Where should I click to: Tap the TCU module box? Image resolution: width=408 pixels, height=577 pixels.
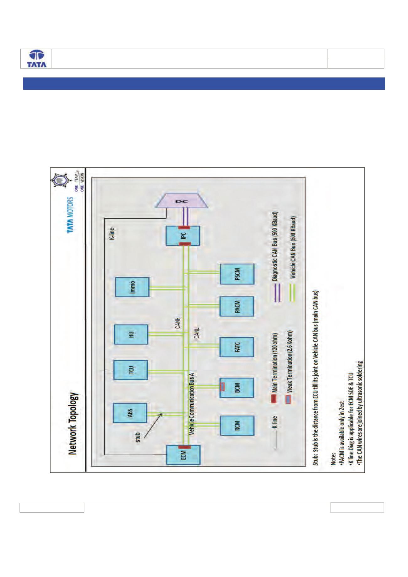pyautogui.click(x=131, y=370)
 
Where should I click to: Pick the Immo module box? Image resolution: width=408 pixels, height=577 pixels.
pyautogui.click(x=132, y=287)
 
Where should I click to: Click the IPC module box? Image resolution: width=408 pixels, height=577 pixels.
pyautogui.click(x=183, y=235)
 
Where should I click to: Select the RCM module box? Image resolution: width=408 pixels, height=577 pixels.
pyautogui.click(x=237, y=426)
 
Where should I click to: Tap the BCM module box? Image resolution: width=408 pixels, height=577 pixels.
pyautogui.click(x=237, y=388)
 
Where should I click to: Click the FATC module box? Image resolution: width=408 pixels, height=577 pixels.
pyautogui.click(x=237, y=347)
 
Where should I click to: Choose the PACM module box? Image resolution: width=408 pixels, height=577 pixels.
pyautogui.click(x=237, y=307)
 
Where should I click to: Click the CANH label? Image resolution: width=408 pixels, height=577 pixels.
pyautogui.click(x=178, y=324)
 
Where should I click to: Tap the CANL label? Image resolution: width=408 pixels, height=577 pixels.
pyautogui.click(x=197, y=333)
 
